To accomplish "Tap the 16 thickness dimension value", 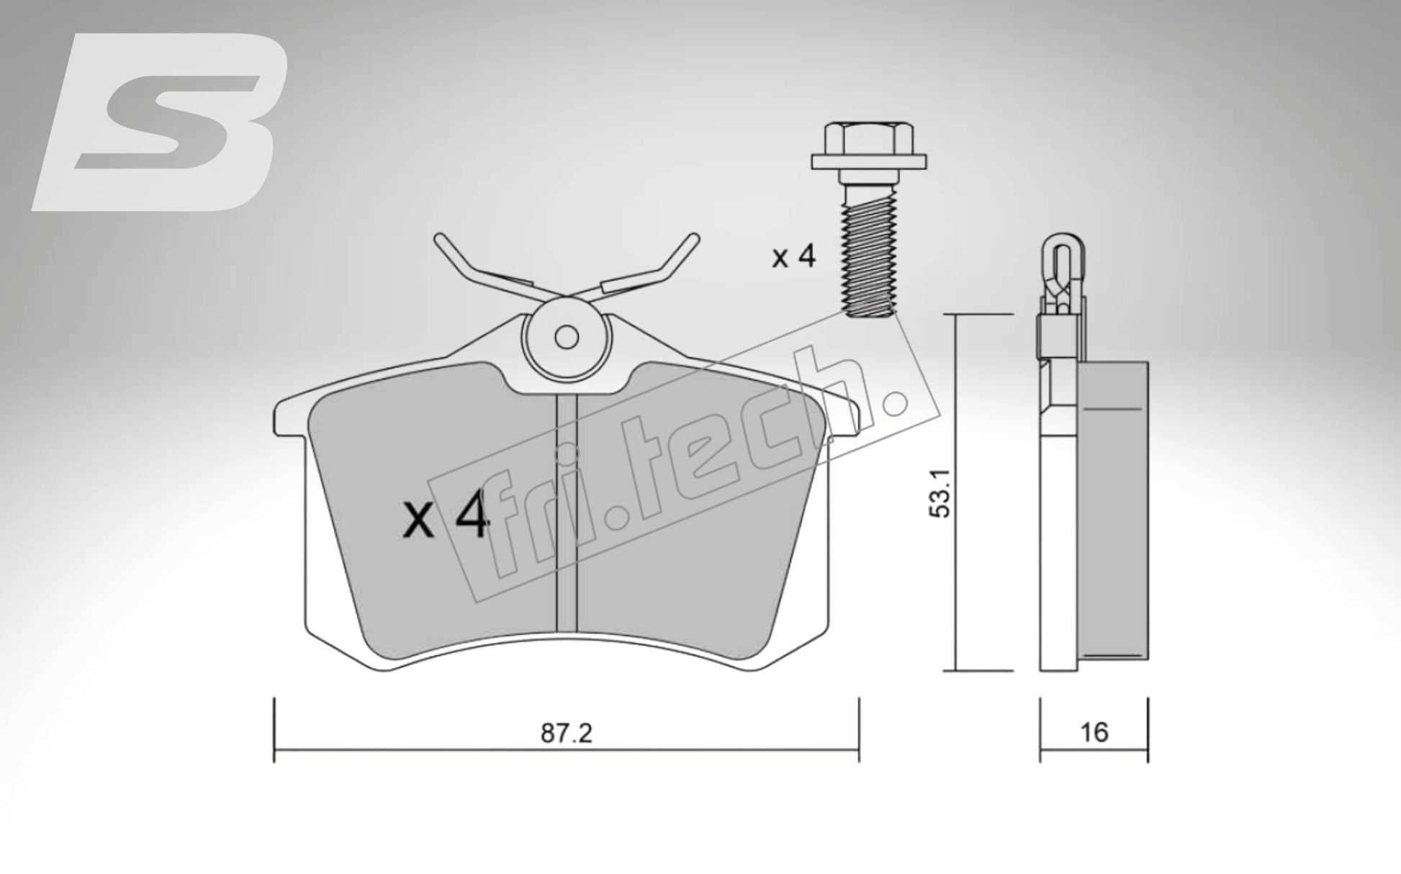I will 1094,732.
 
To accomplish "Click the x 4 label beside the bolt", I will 793,256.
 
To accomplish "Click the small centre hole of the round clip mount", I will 567,337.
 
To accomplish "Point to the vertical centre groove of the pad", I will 567,518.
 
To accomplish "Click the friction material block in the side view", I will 1112,511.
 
